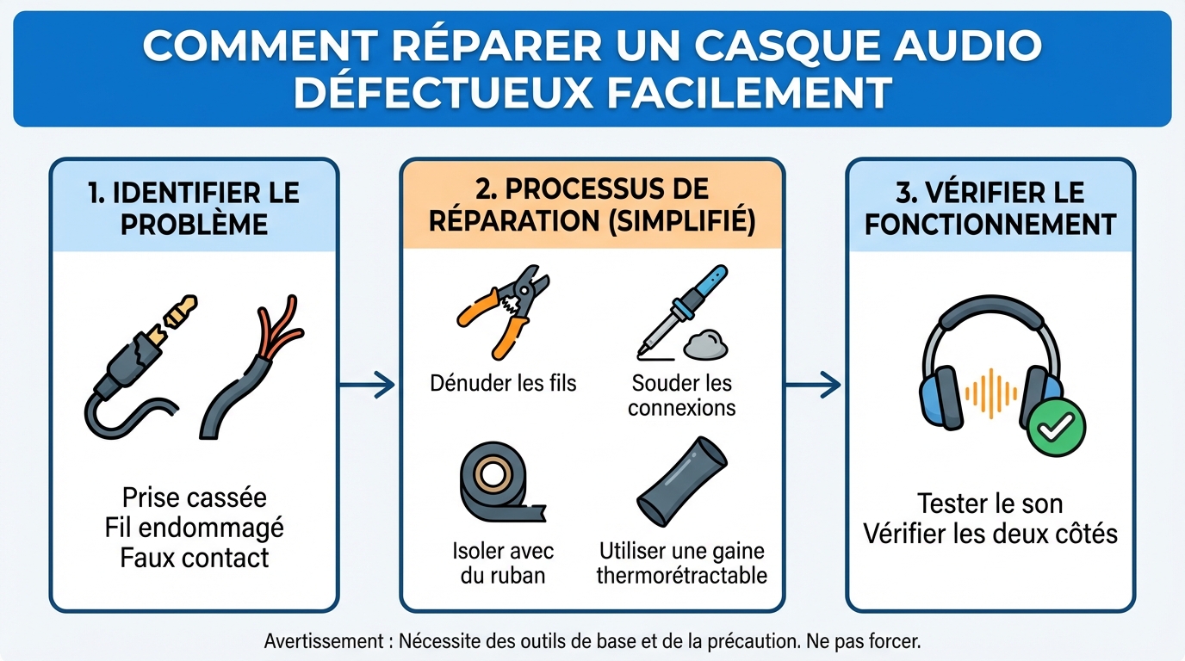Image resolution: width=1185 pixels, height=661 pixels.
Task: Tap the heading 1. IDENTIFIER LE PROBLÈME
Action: [x=194, y=207]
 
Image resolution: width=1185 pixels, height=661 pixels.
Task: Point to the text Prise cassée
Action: [x=194, y=497]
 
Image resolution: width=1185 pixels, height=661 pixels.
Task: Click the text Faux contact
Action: [x=194, y=558]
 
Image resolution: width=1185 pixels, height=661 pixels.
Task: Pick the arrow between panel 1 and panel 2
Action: [x=368, y=385]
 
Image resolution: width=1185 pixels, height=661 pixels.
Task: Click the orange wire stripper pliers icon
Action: [x=504, y=312]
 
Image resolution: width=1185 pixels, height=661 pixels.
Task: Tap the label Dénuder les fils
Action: [x=503, y=382]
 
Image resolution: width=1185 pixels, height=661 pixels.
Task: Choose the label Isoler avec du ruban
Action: [x=503, y=563]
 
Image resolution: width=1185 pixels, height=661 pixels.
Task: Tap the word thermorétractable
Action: [x=681, y=575]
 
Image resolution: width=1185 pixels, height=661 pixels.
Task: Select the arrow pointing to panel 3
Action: [x=814, y=385]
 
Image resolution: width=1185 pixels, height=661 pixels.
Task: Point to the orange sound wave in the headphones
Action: [x=991, y=393]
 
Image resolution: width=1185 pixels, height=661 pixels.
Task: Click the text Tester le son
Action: [x=990, y=503]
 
